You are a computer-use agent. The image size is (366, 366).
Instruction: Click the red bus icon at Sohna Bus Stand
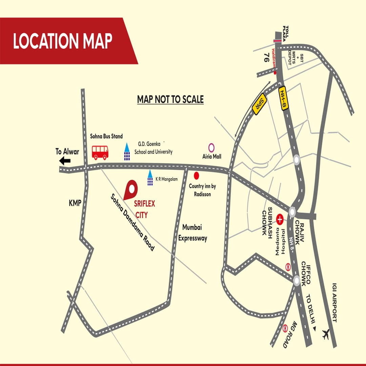(100, 152)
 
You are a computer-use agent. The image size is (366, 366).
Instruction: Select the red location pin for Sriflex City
(130, 189)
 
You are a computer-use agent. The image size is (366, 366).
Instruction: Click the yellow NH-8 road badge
(283, 99)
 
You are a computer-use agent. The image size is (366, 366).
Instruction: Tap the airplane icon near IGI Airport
(326, 334)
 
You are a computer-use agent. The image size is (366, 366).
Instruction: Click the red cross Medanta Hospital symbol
(280, 220)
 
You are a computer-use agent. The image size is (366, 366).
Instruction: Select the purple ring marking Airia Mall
(211, 147)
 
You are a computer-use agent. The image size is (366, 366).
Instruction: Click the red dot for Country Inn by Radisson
(196, 175)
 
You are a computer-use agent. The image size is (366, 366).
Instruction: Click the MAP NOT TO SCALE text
(170, 99)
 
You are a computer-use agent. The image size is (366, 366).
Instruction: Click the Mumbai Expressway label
(192, 232)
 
